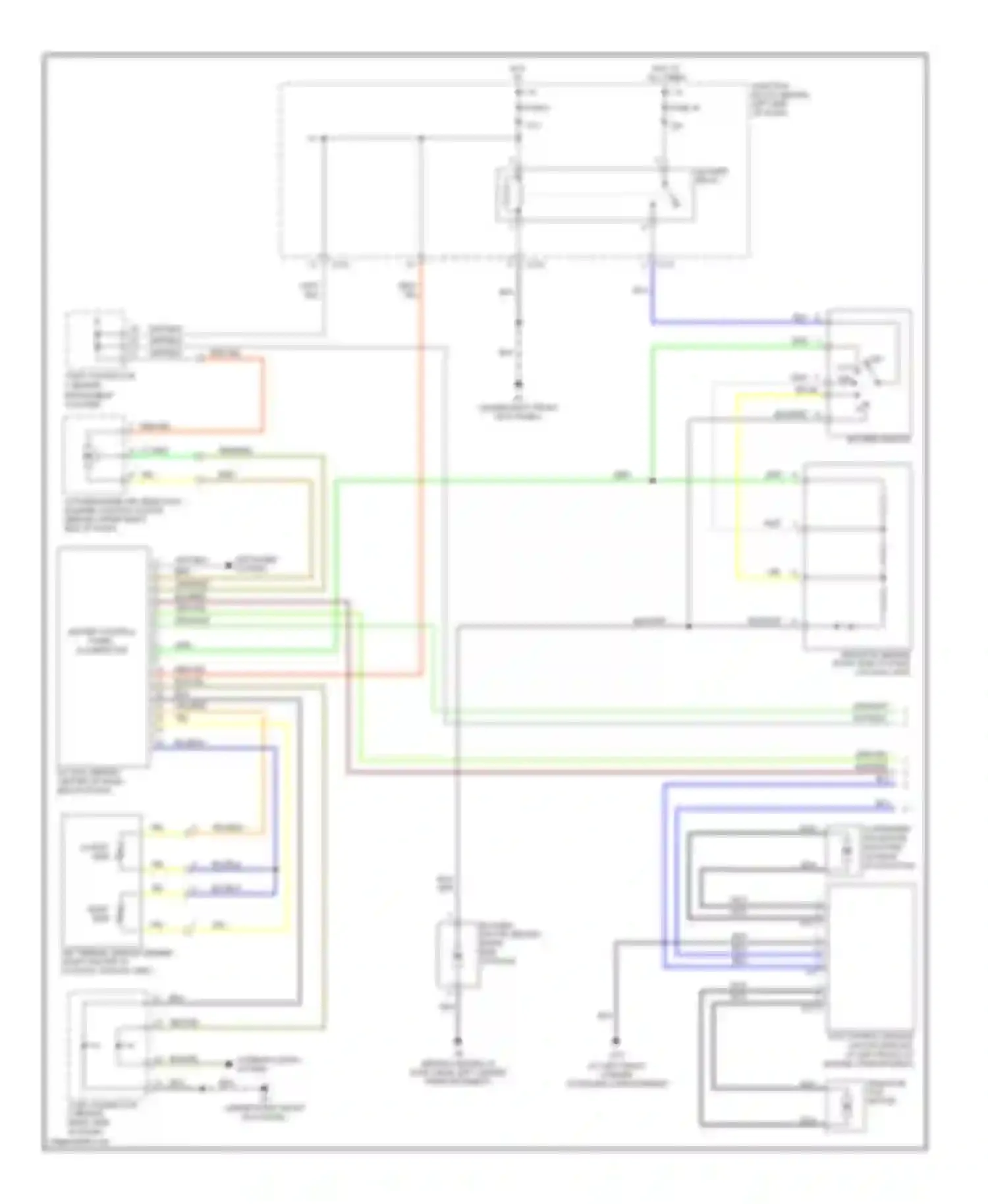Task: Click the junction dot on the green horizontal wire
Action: [652, 481]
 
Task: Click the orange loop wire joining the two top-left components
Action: [263, 395]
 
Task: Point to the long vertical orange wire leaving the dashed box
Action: [420, 461]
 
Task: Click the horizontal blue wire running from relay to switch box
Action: [725, 323]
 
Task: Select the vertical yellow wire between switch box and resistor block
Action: [737, 487]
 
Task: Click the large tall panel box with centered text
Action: [103, 655]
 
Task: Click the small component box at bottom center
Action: [457, 956]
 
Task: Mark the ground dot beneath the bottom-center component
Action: [457, 1041]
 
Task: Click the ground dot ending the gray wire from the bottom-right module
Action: [616, 1041]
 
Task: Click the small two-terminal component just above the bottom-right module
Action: [846, 850]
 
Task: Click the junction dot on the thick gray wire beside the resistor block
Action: [688, 626]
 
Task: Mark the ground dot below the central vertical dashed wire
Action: [519, 384]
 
